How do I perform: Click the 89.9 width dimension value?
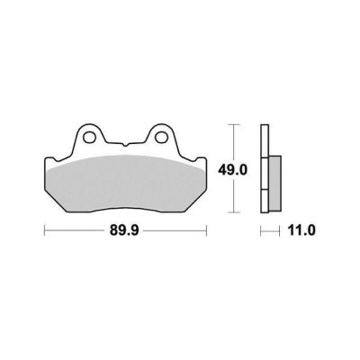pos(124,230)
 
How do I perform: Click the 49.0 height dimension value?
pos(232,170)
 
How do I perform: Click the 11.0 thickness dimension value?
pos(301,230)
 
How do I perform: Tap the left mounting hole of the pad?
pos(89,137)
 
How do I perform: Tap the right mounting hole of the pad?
pos(161,137)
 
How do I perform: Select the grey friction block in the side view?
pos(275,183)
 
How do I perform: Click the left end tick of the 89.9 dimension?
pos(44,230)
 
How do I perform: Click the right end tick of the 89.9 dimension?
pos(206,230)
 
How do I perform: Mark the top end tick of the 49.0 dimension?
pos(234,124)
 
